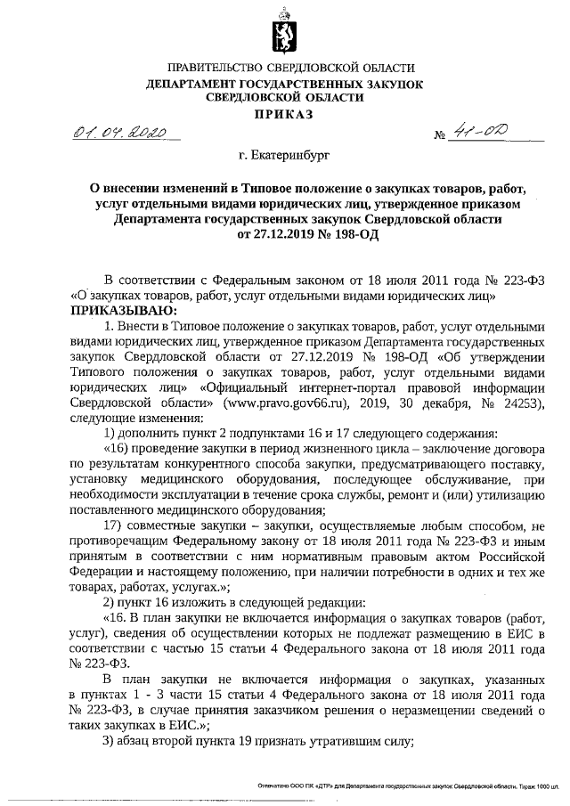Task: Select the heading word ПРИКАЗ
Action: pyautogui.click(x=284, y=114)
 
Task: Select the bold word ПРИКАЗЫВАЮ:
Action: pyautogui.click(x=114, y=309)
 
